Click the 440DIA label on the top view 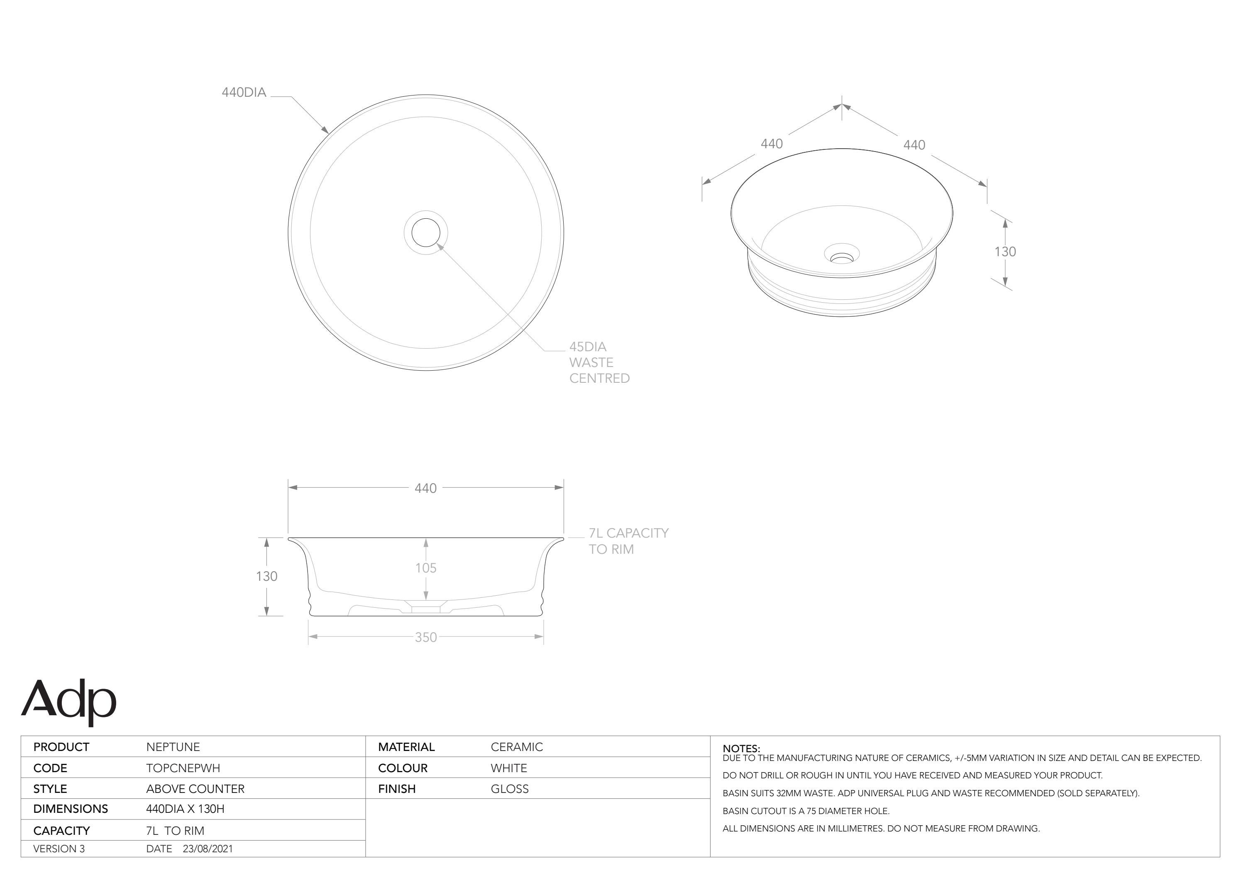(244, 93)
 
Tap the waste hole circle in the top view (426, 232)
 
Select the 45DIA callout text (588, 347)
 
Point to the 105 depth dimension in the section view (426, 567)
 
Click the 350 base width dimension (426, 637)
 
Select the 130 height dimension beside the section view (266, 576)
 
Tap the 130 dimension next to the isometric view (1005, 252)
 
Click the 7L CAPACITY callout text (629, 533)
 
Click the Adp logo (68, 701)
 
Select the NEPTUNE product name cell (173, 747)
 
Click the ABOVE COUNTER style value (195, 789)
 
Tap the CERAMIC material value (517, 747)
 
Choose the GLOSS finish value (510, 789)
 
